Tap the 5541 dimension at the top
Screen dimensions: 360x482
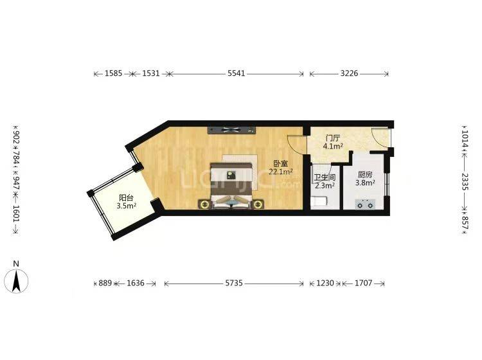[x=236, y=75]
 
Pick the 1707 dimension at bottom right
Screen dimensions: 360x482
[x=364, y=283]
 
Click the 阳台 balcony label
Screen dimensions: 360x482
[x=126, y=198]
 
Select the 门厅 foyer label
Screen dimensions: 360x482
[x=332, y=138]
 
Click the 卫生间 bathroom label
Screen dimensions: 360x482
[x=324, y=177]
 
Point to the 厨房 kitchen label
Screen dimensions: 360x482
[x=365, y=174]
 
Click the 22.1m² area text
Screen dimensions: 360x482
[x=281, y=172]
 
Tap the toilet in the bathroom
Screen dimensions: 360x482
[x=319, y=201]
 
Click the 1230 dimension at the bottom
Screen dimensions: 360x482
[x=324, y=283]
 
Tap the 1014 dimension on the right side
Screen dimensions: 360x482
[x=464, y=138]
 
